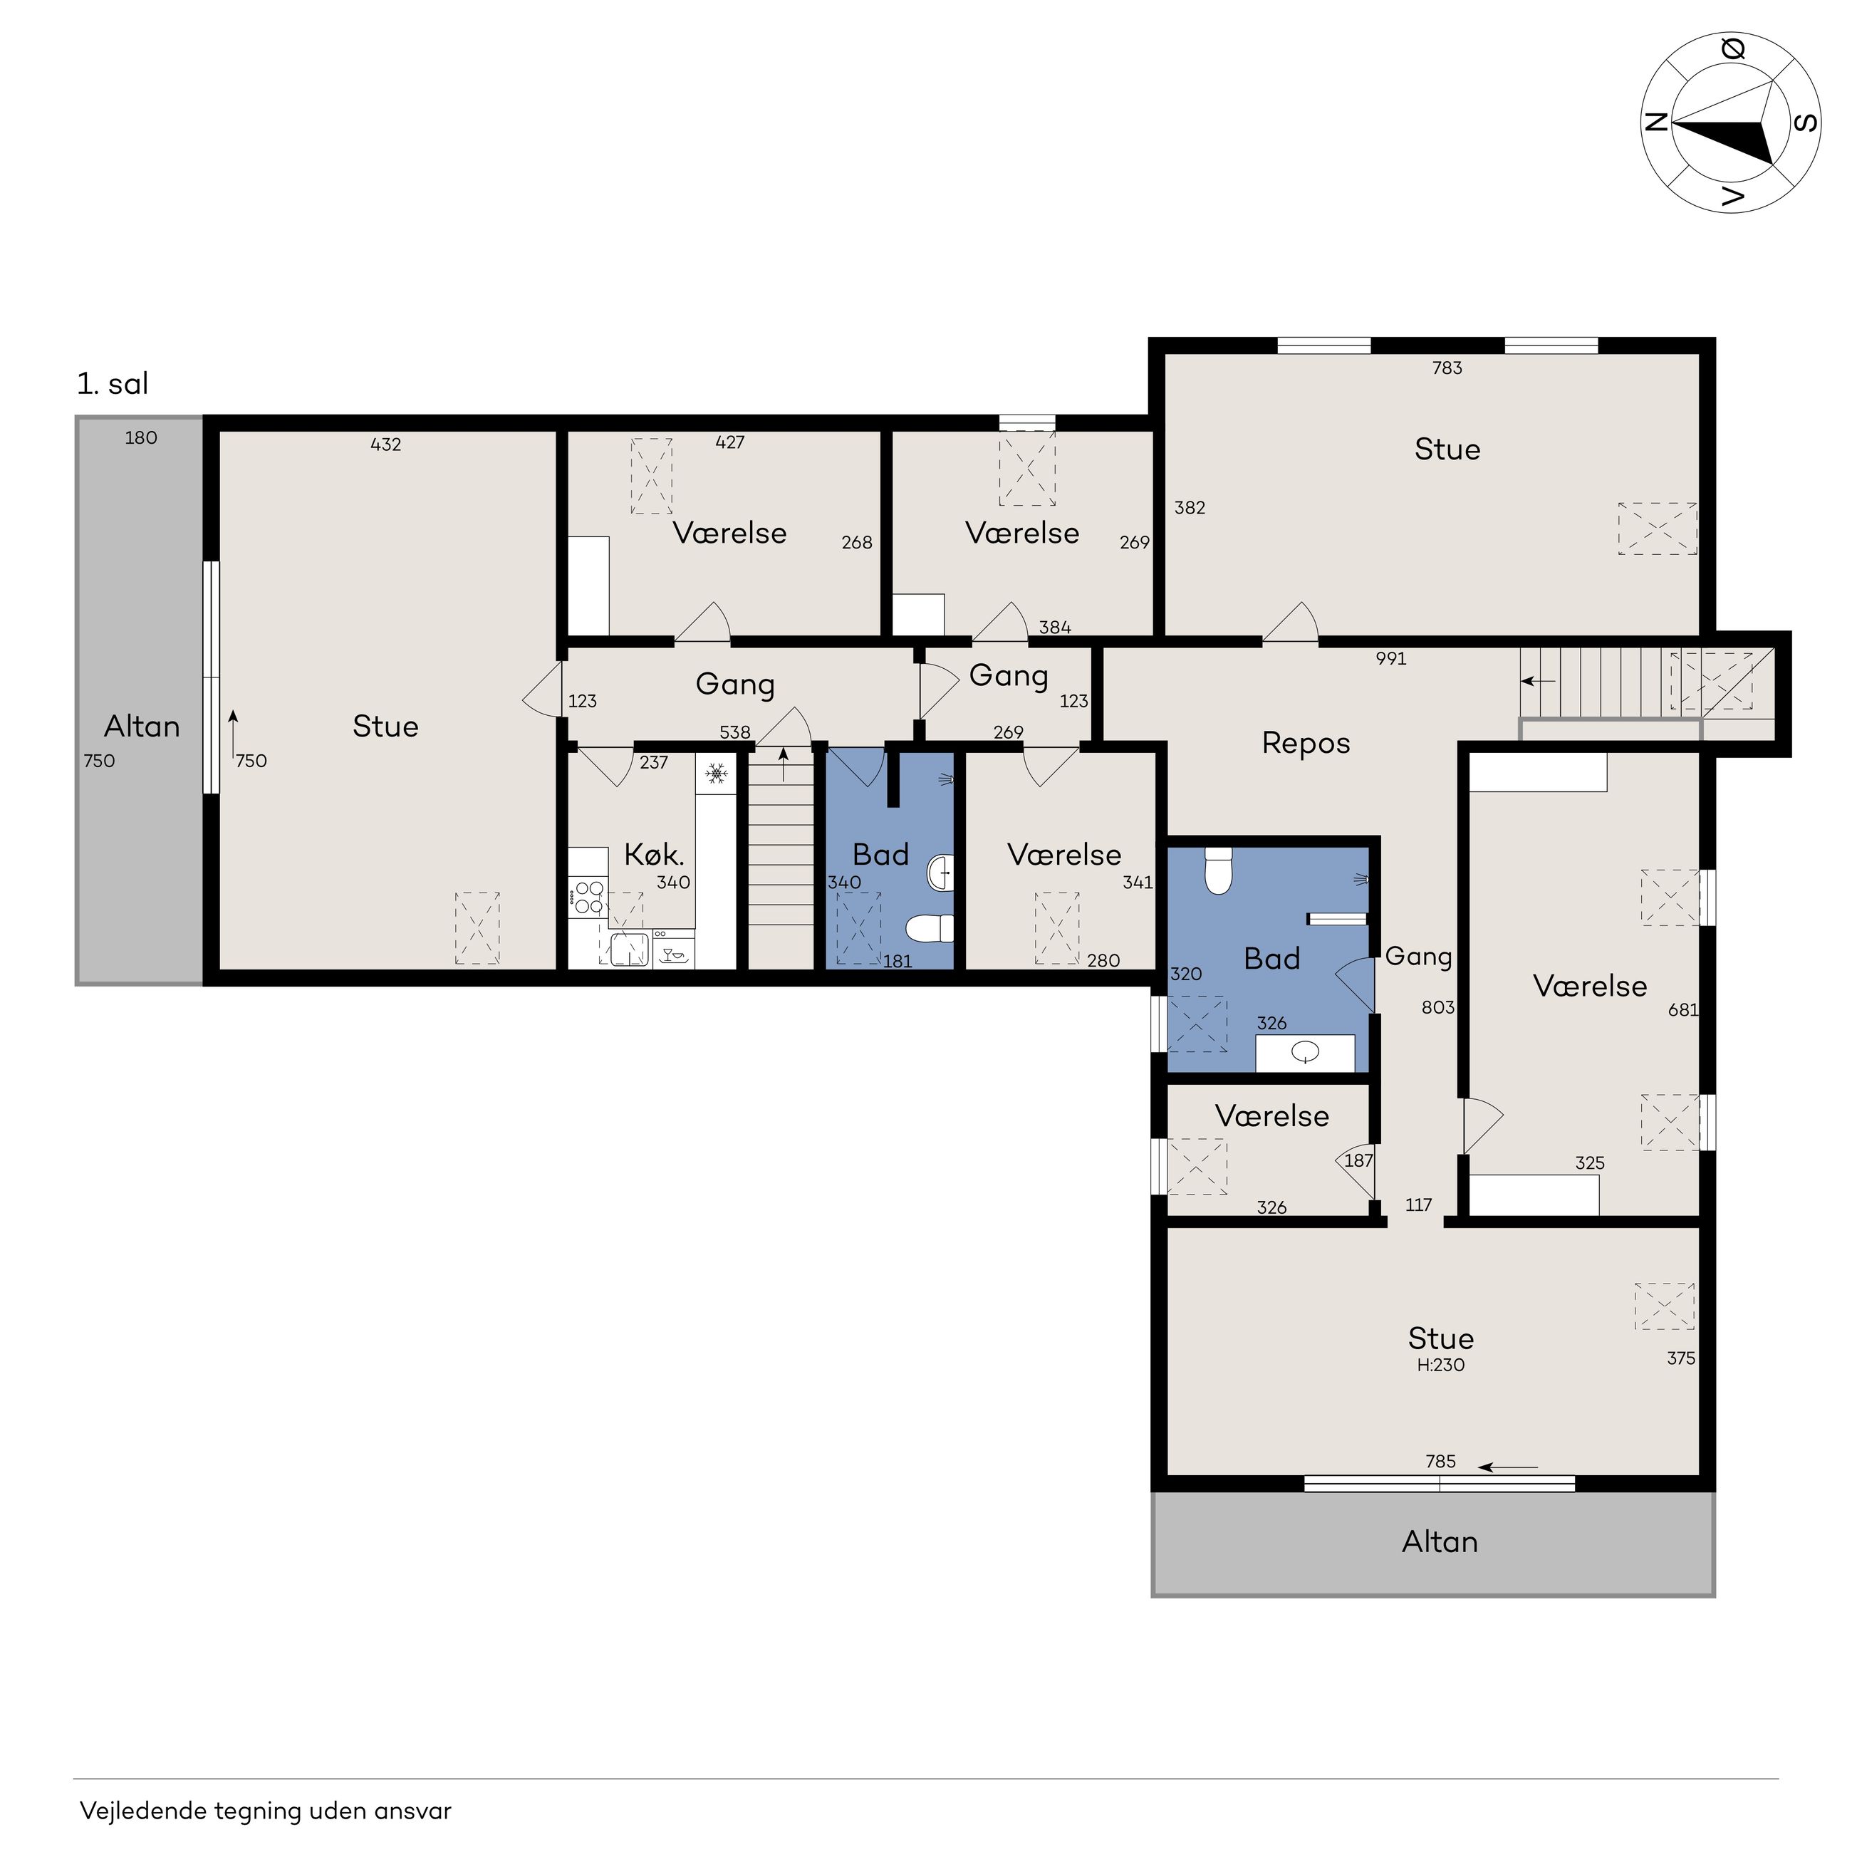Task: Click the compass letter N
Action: tap(1655, 123)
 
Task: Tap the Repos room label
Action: tap(1306, 744)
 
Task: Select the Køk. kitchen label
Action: tap(654, 854)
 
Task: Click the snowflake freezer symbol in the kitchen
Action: tap(716, 773)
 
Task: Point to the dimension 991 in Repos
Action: tap(1391, 659)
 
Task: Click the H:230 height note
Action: tap(1441, 1365)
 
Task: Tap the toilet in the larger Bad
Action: tap(1218, 870)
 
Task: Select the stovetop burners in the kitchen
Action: tap(588, 896)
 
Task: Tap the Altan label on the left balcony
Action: tap(142, 727)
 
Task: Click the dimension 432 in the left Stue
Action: tap(385, 444)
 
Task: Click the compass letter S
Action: tap(1805, 123)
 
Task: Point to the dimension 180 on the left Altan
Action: tap(141, 438)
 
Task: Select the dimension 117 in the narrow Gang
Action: tap(1419, 1205)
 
